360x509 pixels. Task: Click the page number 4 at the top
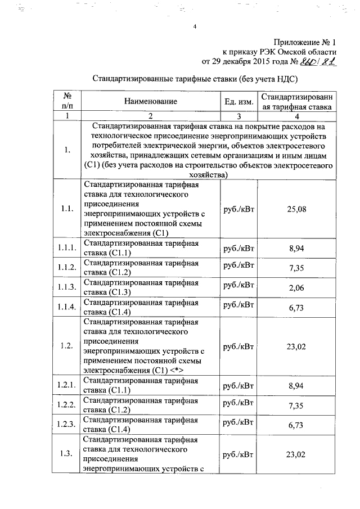[194, 27]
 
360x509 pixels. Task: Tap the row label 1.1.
[66, 209]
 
